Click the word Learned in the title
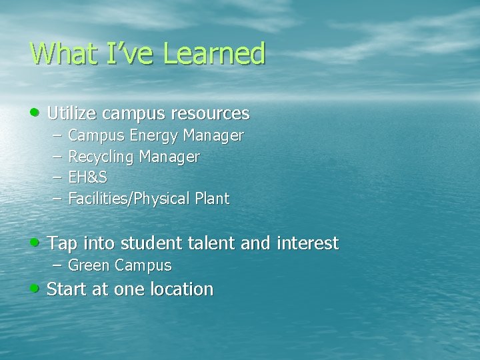tap(214, 54)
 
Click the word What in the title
tap(59, 54)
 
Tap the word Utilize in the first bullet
tap(70, 113)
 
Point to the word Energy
tap(155, 136)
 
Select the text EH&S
tap(87, 178)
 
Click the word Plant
tap(212, 199)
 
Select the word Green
tap(89, 265)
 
